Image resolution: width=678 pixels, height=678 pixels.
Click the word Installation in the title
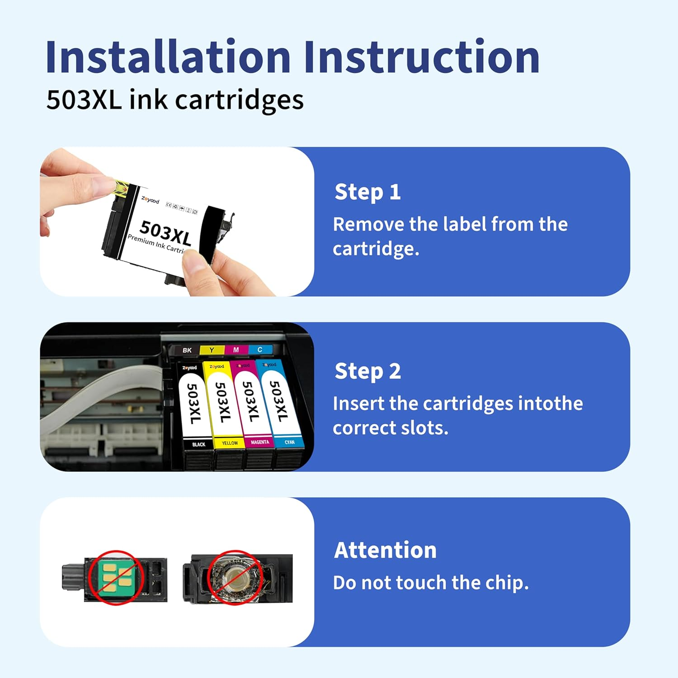tap(168, 57)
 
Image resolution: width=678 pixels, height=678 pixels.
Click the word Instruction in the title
tap(421, 57)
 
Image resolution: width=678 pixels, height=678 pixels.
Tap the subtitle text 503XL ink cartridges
tap(175, 100)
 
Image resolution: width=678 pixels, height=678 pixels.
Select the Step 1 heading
tap(367, 192)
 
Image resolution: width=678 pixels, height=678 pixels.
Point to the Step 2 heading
tap(367, 372)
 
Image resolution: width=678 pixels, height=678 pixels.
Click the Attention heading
tap(385, 550)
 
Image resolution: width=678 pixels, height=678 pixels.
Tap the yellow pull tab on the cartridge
tap(121, 188)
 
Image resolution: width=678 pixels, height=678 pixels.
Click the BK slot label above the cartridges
tap(187, 350)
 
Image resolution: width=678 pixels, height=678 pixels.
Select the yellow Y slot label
tap(212, 350)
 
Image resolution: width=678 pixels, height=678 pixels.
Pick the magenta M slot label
tap(236, 350)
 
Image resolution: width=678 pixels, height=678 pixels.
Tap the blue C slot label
tap(260, 349)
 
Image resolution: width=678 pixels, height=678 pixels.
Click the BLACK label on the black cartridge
tap(198, 445)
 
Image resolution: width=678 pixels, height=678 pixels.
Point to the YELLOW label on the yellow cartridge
tap(230, 443)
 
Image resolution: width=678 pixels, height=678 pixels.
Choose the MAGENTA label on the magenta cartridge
tap(260, 442)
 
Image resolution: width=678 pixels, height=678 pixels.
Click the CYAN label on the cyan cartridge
tap(290, 442)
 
